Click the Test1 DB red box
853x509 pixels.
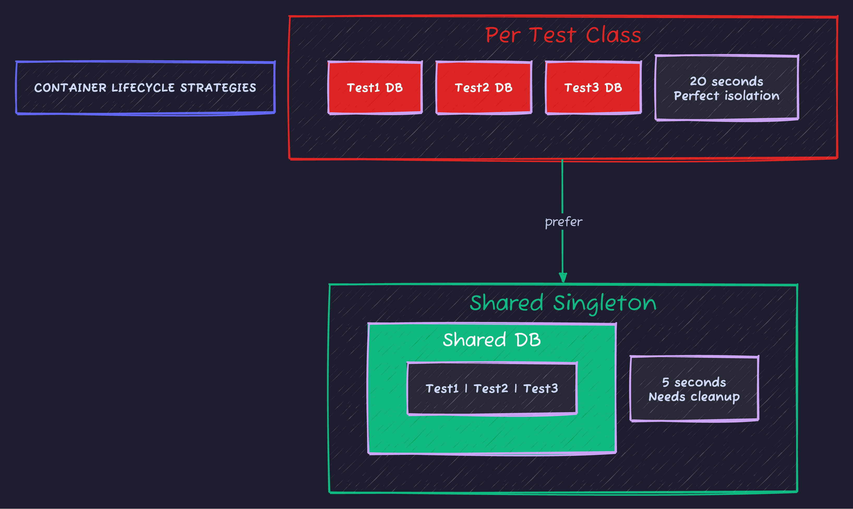375,88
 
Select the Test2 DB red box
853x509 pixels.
484,88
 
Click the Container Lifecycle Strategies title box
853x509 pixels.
145,88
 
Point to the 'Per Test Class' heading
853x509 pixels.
563,35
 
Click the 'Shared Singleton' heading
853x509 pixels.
563,303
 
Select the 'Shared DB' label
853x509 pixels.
492,340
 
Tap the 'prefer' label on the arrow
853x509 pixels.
563,222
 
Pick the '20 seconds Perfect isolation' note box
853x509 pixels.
727,88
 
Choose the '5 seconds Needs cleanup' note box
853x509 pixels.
694,389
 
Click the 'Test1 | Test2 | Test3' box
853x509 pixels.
492,389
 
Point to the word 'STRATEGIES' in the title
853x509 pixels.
218,88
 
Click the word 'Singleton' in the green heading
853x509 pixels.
604,303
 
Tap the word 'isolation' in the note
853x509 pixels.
752,96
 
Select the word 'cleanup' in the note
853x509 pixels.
715,397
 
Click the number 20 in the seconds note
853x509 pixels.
698,81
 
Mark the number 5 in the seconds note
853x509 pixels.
665,382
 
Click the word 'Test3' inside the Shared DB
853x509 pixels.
540,389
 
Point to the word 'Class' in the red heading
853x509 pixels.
613,35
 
